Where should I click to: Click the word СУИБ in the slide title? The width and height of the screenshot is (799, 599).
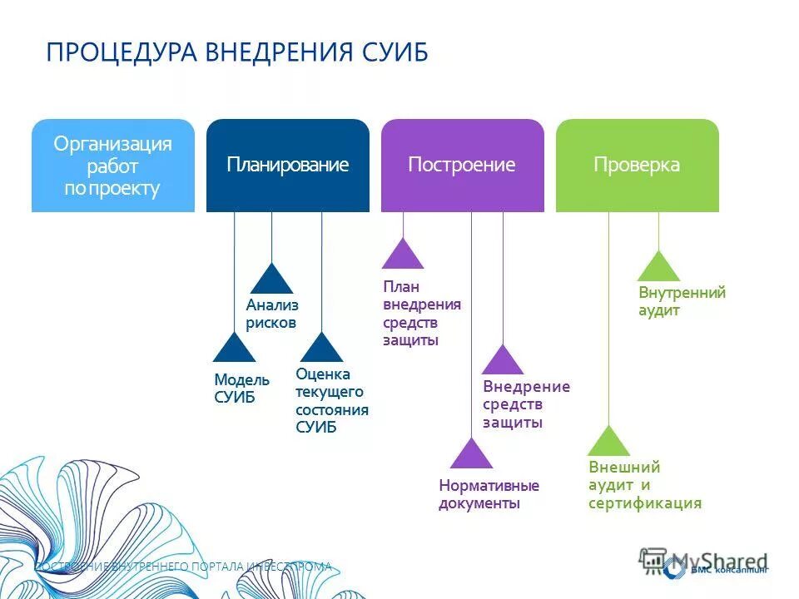[x=396, y=52]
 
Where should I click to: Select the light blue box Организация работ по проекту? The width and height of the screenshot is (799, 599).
[x=112, y=166]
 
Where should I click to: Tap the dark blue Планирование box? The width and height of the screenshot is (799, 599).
[x=287, y=166]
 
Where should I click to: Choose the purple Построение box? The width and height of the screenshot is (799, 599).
[x=462, y=166]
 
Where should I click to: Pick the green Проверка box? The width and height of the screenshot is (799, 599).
[x=637, y=166]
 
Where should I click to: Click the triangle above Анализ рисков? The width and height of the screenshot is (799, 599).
[x=271, y=280]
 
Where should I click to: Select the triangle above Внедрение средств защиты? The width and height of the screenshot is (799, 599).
[x=503, y=361]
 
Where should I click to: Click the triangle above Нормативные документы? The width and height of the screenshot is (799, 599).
[x=471, y=455]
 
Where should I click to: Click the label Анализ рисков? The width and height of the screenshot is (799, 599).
[x=271, y=314]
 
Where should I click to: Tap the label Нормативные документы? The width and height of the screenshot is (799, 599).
[x=489, y=494]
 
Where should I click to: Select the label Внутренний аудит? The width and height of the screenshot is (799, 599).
[x=682, y=301]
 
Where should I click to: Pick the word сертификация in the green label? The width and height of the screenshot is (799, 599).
[x=644, y=503]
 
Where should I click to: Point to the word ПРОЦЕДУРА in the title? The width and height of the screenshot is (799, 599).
[x=121, y=52]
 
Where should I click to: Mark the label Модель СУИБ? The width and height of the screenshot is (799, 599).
[x=241, y=389]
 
